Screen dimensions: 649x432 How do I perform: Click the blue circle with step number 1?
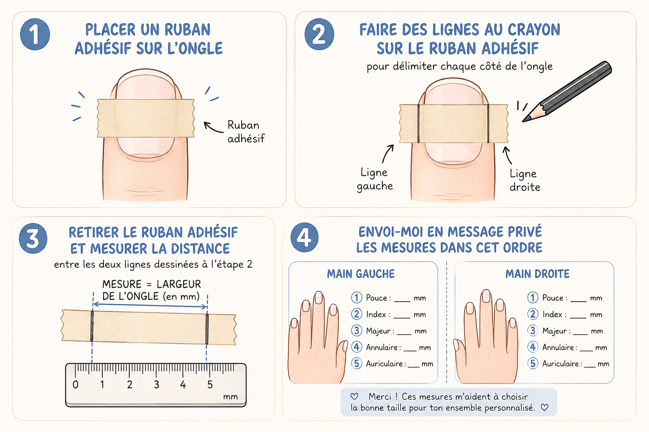click(x=35, y=34)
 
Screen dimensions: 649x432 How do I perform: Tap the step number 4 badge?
click(x=305, y=238)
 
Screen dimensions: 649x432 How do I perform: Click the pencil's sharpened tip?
click(x=524, y=121)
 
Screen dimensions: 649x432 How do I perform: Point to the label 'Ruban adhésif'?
click(x=246, y=132)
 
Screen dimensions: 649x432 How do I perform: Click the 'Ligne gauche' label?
click(x=375, y=179)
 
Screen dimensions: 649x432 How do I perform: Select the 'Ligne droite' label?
click(x=525, y=180)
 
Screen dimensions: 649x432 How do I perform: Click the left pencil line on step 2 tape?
click(x=418, y=124)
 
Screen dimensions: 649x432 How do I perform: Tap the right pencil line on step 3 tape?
click(x=207, y=329)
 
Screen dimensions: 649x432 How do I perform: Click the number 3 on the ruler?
click(x=156, y=385)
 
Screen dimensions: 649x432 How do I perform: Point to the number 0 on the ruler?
click(x=75, y=385)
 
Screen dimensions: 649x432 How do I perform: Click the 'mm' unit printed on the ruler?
click(x=230, y=397)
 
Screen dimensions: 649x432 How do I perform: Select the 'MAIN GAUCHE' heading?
click(x=361, y=274)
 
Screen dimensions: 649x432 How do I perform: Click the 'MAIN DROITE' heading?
click(x=537, y=274)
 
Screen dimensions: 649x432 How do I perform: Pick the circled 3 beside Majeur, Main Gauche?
click(x=357, y=330)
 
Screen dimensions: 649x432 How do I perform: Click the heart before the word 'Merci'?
click(x=354, y=396)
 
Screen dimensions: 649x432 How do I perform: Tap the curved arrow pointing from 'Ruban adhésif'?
click(x=213, y=127)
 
